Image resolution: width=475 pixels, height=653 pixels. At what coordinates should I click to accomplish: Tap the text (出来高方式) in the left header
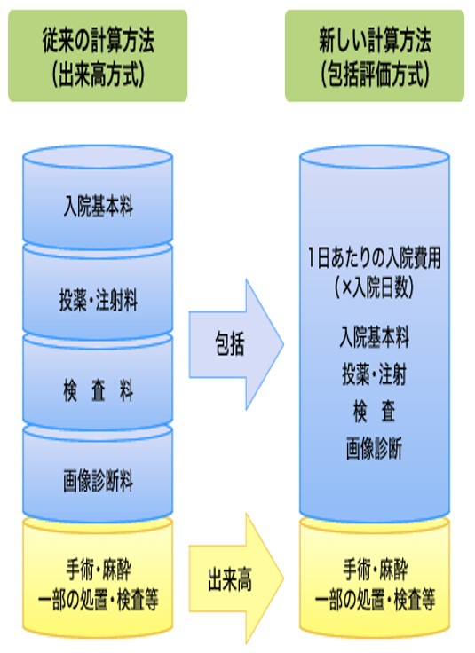point(99,75)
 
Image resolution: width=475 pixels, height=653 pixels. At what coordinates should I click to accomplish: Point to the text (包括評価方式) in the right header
point(375,75)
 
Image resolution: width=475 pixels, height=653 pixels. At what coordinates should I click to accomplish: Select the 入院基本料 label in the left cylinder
point(99,207)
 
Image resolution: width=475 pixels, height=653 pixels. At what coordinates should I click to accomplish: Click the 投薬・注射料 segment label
point(99,300)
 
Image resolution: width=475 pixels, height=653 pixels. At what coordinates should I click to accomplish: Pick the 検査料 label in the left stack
point(99,390)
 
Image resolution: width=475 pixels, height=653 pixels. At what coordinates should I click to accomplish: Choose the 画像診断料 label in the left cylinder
point(99,480)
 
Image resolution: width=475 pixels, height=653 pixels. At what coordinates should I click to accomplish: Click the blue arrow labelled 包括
point(236,344)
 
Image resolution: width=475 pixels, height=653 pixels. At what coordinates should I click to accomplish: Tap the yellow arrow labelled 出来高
point(236,578)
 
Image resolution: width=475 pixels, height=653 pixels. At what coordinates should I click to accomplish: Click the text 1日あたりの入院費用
point(375,258)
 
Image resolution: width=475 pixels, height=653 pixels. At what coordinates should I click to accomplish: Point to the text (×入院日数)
point(375,287)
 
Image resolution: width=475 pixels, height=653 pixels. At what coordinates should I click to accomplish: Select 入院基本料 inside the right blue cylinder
point(375,337)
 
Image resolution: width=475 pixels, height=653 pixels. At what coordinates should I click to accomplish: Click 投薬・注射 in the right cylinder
point(374,374)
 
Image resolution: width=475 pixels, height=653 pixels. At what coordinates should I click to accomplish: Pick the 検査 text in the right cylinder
point(374,412)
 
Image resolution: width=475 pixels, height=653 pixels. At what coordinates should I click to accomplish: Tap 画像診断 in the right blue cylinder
point(374,449)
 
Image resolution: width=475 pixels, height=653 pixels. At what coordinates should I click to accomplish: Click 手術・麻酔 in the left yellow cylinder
point(99,570)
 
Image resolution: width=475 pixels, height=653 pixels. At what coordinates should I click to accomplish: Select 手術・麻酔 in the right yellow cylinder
point(375,570)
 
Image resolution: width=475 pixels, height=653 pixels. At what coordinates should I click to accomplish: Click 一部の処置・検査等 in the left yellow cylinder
point(99,600)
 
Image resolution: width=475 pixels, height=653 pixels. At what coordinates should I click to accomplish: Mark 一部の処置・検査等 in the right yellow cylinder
point(375,600)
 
